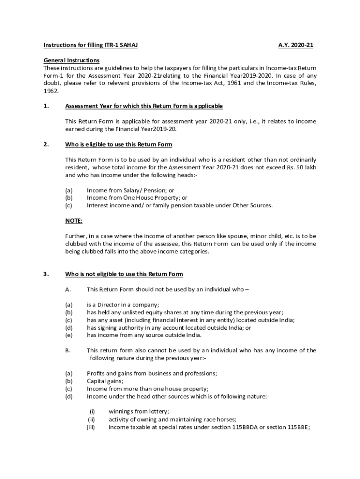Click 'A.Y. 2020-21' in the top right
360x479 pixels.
tap(295, 45)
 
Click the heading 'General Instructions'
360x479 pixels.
tap(72, 60)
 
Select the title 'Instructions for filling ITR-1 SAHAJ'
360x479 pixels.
tap(91, 45)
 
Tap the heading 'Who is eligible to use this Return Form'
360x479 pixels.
tap(119, 144)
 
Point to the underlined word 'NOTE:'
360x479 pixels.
tap(74, 221)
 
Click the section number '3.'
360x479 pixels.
tap(46, 274)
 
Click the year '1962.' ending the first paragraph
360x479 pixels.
tap(51, 91)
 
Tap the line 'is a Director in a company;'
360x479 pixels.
tap(123, 305)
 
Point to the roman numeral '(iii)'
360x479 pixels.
tap(91, 427)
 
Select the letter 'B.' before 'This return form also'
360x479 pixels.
tap(68, 350)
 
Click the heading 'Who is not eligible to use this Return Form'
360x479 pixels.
tap(124, 274)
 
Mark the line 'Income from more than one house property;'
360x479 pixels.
tap(148, 389)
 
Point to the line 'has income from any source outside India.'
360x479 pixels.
tap(144, 335)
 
